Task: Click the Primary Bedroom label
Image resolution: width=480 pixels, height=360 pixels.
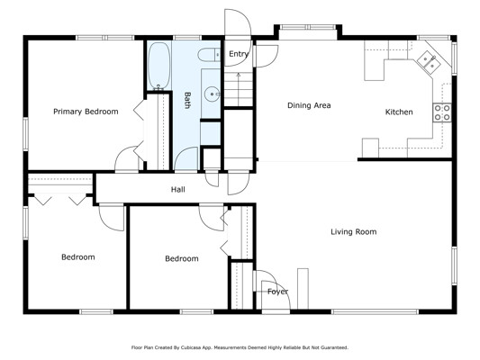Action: pyautogui.click(x=86, y=112)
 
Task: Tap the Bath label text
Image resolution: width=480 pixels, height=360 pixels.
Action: pyautogui.click(x=187, y=100)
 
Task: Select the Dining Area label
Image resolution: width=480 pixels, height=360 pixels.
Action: pyautogui.click(x=309, y=105)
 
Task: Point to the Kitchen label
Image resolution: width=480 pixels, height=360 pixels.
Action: pyautogui.click(x=399, y=112)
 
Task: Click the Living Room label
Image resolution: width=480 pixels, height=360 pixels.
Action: pyautogui.click(x=354, y=232)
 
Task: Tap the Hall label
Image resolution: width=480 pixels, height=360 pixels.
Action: pyautogui.click(x=177, y=190)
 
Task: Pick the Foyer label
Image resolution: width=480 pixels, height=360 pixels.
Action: pyautogui.click(x=277, y=292)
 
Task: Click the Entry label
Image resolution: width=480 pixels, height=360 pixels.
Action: pyautogui.click(x=239, y=54)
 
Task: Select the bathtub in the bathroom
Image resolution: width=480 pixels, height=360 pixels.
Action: pyautogui.click(x=158, y=66)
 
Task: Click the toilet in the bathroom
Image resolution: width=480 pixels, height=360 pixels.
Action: pyautogui.click(x=209, y=55)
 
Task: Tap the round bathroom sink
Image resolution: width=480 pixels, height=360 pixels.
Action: pyautogui.click(x=212, y=94)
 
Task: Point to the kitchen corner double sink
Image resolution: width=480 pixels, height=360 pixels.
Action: pyautogui.click(x=429, y=62)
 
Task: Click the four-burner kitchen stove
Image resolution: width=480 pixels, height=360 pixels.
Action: pyautogui.click(x=442, y=112)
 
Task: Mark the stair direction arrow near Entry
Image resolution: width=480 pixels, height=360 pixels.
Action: pyautogui.click(x=239, y=89)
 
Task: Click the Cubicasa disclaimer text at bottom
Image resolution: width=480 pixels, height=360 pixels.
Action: pyautogui.click(x=240, y=347)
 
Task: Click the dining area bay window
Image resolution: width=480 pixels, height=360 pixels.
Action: pyautogui.click(x=308, y=27)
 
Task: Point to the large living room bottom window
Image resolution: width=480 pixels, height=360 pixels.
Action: pyautogui.click(x=375, y=311)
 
